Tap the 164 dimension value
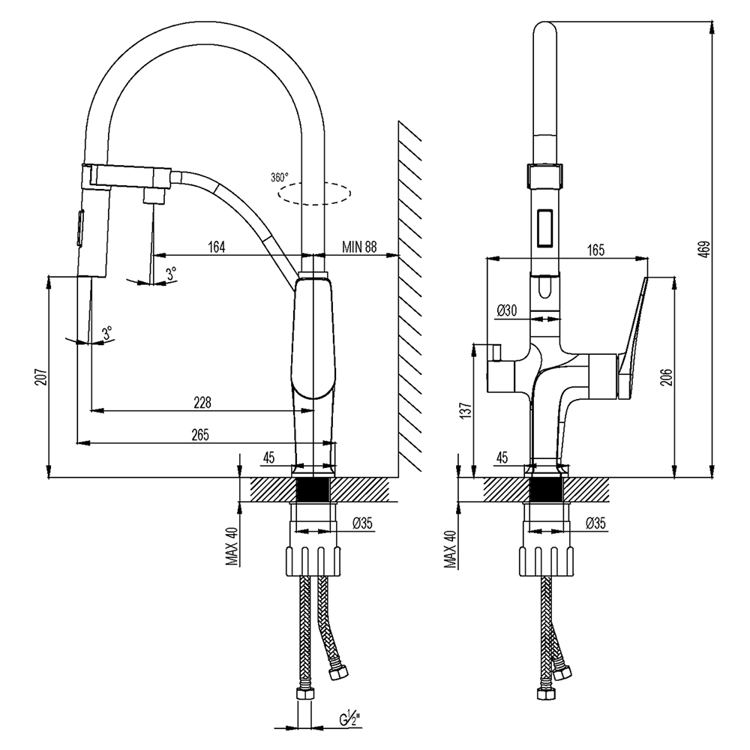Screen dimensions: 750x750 216,247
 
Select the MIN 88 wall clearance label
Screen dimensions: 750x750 359,247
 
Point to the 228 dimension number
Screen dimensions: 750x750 202,402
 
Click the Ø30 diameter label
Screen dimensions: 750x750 508,309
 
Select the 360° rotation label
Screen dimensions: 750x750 279,178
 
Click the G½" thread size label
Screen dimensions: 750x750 346,723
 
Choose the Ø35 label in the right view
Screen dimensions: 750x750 596,522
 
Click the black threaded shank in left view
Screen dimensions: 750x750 314,491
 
